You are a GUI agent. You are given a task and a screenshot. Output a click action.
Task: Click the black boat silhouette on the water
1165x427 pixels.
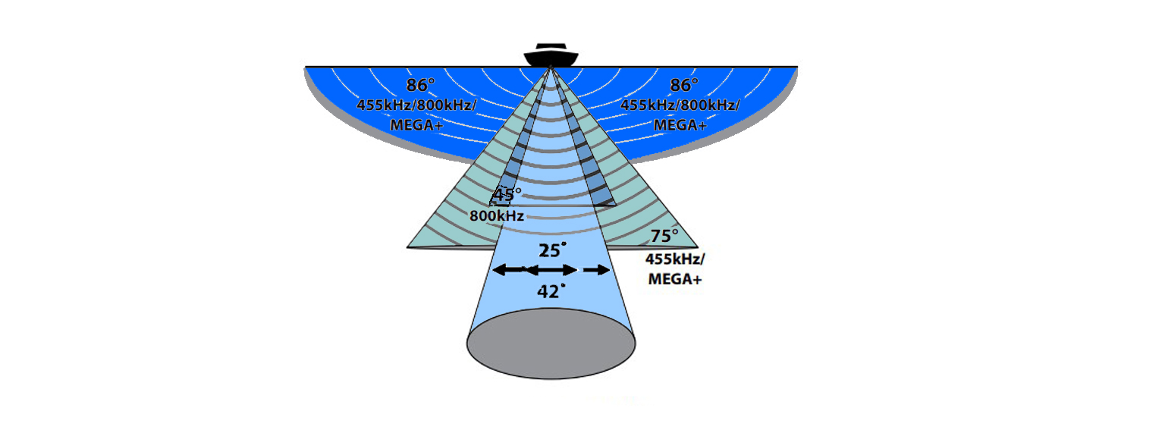pyautogui.click(x=551, y=56)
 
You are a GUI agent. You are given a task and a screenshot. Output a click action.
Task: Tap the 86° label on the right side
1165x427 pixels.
pyautogui.click(x=684, y=86)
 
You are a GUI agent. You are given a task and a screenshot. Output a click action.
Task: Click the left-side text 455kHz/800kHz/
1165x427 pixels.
pyautogui.click(x=416, y=106)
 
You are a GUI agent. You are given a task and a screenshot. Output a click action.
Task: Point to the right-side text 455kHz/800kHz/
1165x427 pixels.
pyautogui.click(x=680, y=106)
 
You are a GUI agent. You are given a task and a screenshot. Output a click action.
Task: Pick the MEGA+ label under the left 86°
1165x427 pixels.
pyautogui.click(x=416, y=125)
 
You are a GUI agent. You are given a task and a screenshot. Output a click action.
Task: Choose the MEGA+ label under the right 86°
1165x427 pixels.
pyautogui.click(x=680, y=125)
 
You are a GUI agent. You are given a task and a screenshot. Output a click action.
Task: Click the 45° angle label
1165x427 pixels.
pyautogui.click(x=506, y=195)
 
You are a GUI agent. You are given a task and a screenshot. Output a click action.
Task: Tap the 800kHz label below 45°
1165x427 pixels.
pyautogui.click(x=497, y=215)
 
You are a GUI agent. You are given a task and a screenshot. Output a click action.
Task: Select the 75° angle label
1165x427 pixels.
pyautogui.click(x=664, y=236)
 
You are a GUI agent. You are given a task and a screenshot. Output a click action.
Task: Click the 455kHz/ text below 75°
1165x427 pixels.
pyautogui.click(x=675, y=259)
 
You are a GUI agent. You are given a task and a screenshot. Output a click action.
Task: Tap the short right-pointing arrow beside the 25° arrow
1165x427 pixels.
pyautogui.click(x=597, y=270)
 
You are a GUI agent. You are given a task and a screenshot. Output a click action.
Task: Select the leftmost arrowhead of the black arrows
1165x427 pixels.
pyautogui.click(x=498, y=270)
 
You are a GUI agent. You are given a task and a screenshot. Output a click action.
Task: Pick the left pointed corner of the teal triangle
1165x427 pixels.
pyautogui.click(x=410, y=246)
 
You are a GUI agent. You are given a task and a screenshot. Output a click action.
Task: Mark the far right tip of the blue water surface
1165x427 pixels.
pyautogui.click(x=796, y=68)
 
